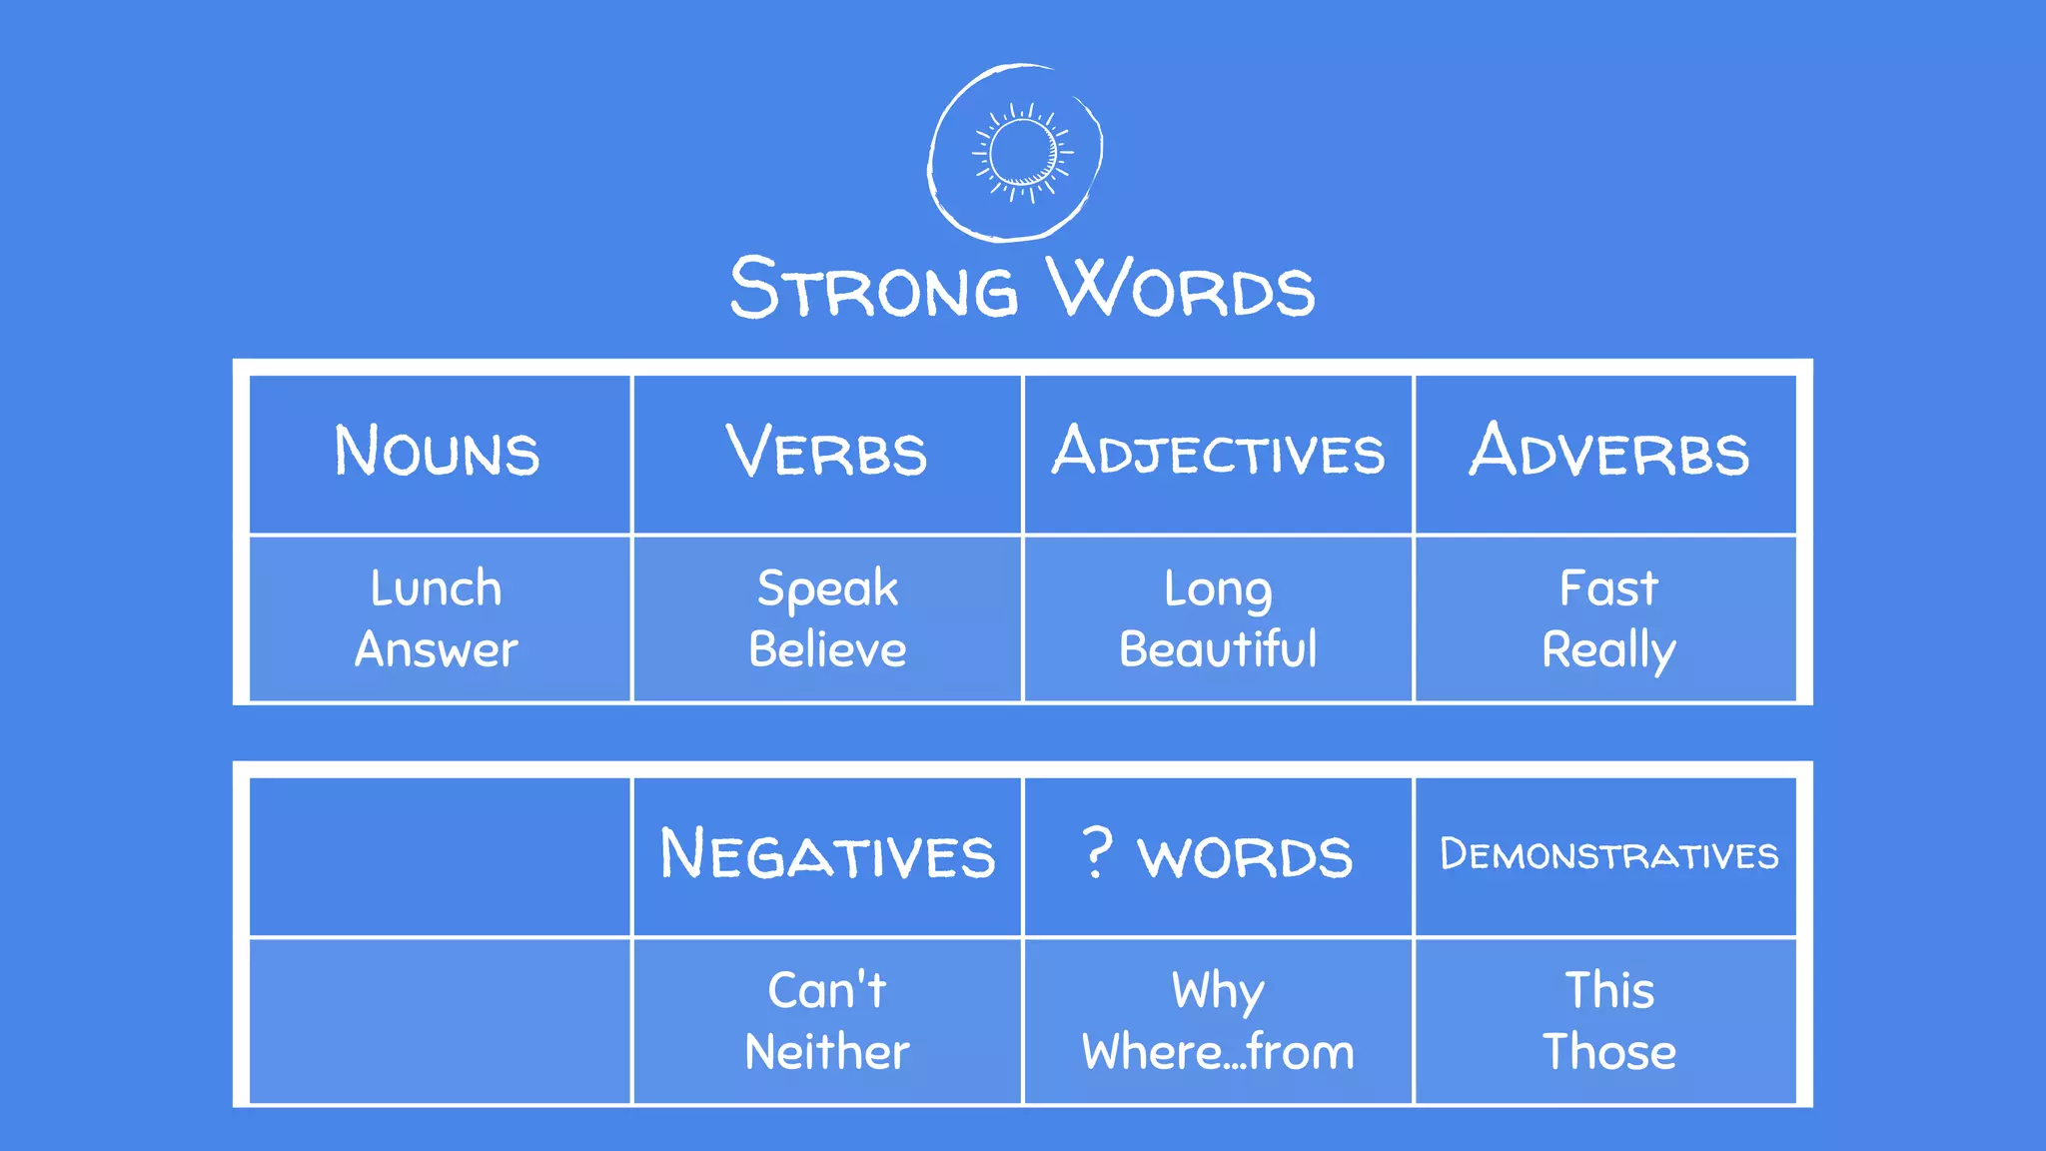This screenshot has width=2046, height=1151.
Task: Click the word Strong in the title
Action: click(873, 288)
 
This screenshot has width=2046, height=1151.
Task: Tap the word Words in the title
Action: click(1181, 288)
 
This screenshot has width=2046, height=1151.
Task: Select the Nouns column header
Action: click(438, 452)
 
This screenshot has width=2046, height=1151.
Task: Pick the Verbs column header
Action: click(826, 452)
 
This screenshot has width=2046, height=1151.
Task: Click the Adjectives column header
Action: click(1218, 452)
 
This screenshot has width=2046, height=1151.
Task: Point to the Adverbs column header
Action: click(1608, 452)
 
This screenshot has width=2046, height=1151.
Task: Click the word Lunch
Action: click(437, 587)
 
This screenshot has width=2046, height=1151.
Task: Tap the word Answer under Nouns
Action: click(437, 649)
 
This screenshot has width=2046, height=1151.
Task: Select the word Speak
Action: click(827, 588)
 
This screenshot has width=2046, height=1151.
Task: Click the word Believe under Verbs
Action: click(827, 649)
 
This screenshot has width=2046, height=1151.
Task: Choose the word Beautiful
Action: click(1218, 649)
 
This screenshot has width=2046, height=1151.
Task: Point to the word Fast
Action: click(1608, 587)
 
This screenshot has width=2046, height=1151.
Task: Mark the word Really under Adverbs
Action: click(1608, 650)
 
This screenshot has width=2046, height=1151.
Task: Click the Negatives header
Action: click(827, 855)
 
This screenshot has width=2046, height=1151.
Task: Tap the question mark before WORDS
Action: click(1097, 852)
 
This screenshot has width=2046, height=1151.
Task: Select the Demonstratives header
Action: click(1608, 855)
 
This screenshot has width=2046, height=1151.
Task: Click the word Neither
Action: click(827, 1052)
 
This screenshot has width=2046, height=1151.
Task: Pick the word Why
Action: click(1218, 991)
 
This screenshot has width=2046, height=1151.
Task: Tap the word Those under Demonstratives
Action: click(1608, 1052)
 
